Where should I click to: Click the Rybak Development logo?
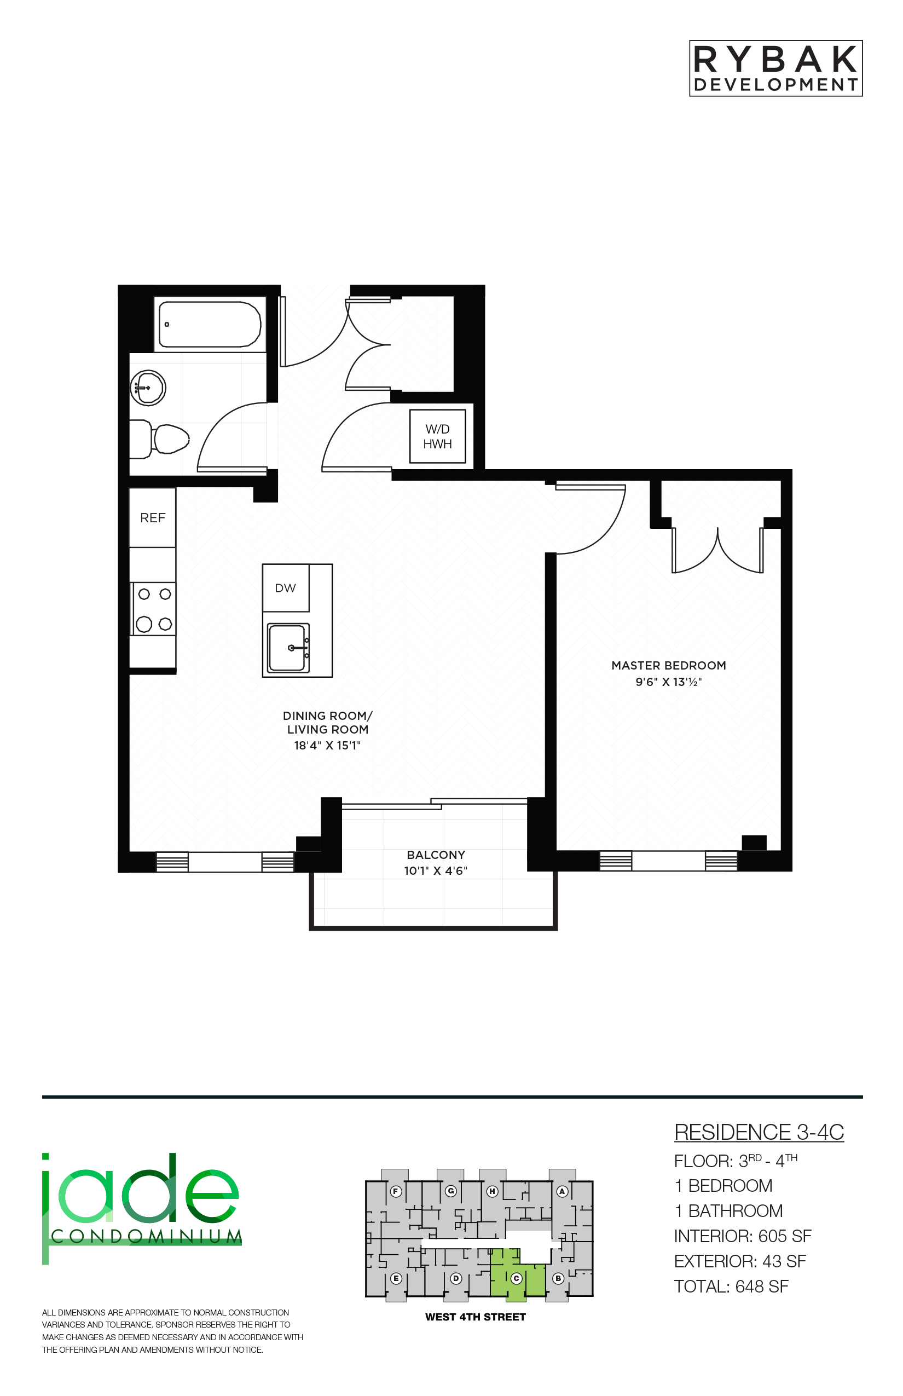pyautogui.click(x=776, y=68)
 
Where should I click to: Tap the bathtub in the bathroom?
pyautogui.click(x=209, y=324)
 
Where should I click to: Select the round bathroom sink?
pyautogui.click(x=148, y=388)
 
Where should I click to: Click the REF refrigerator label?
pyautogui.click(x=153, y=518)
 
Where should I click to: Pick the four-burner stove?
pyautogui.click(x=154, y=609)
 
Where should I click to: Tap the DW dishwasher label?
pyautogui.click(x=286, y=588)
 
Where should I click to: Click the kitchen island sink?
pyautogui.click(x=288, y=648)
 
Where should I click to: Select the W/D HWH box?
pyautogui.click(x=437, y=436)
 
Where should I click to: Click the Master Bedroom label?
pyautogui.click(x=668, y=665)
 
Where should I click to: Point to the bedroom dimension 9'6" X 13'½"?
pyautogui.click(x=668, y=682)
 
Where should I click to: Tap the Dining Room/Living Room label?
pyautogui.click(x=328, y=723)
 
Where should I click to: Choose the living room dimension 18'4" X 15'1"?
pyautogui.click(x=327, y=746)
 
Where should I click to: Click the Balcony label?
pyautogui.click(x=436, y=855)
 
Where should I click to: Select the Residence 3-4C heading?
pyautogui.click(x=759, y=1133)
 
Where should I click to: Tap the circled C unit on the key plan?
pyautogui.click(x=517, y=1278)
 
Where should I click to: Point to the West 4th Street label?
pyautogui.click(x=476, y=1317)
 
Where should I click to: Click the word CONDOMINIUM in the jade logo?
pyautogui.click(x=147, y=1237)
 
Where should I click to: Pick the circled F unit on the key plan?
pyautogui.click(x=396, y=1191)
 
